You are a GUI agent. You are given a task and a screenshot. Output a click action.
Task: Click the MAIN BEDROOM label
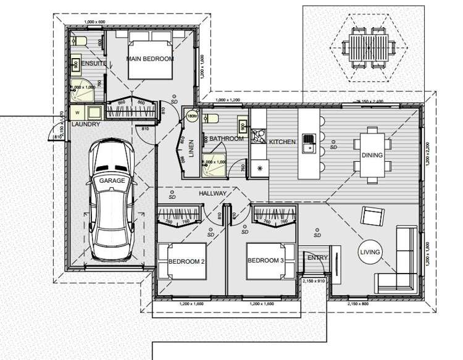point(149,59)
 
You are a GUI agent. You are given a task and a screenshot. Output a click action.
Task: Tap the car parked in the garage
point(112,199)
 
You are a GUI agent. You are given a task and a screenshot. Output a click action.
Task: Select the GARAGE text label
point(112,180)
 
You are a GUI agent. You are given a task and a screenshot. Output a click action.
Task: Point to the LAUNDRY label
point(86,124)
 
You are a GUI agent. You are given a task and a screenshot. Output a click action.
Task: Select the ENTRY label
point(317,257)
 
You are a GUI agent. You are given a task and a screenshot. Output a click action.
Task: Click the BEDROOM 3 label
point(265,261)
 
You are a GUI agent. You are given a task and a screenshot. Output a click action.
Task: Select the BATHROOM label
point(226,139)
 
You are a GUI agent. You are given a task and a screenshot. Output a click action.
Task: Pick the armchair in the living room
point(372,217)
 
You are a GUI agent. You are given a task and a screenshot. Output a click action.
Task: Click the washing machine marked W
point(78,113)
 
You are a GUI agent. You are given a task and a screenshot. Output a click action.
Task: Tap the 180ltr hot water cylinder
point(191,115)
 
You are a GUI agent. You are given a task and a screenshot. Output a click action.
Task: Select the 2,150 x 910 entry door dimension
point(314,280)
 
